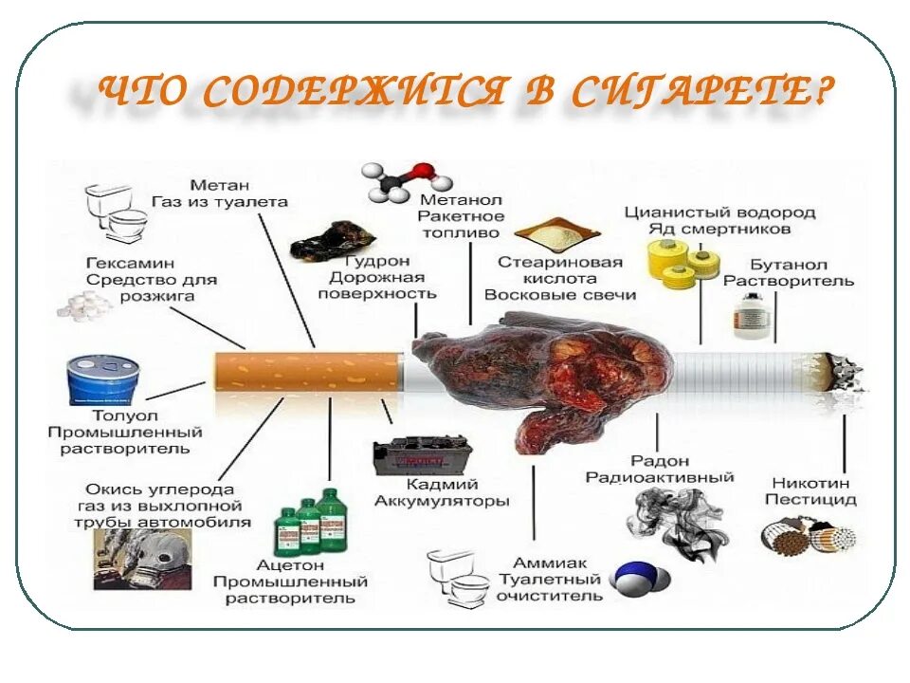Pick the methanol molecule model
point(396,180)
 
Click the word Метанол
point(460,200)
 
